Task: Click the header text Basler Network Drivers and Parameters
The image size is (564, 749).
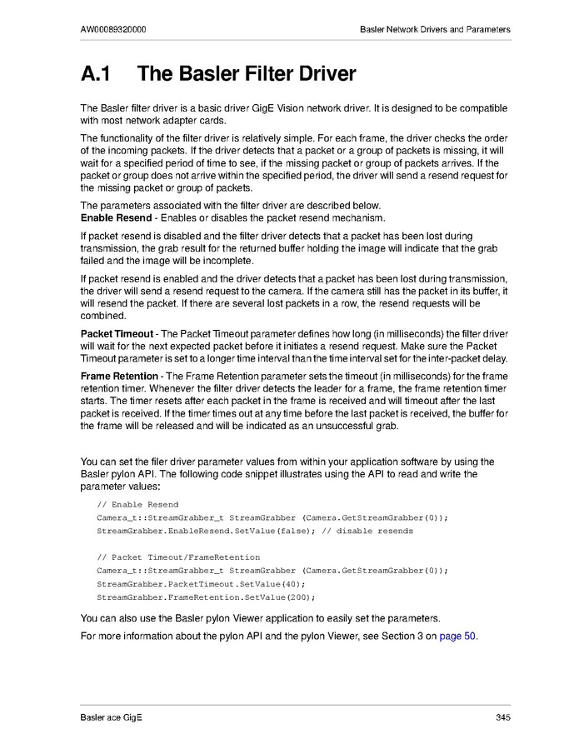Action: (x=435, y=29)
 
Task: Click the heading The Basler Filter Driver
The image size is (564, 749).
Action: (x=246, y=74)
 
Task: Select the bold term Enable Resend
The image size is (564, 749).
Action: (x=116, y=217)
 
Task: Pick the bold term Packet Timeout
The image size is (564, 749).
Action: (x=117, y=334)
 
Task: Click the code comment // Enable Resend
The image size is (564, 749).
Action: (x=137, y=505)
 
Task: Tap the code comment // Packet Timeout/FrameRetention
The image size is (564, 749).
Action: (x=178, y=557)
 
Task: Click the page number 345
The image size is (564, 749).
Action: (x=502, y=718)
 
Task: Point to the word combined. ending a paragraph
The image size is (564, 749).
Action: (x=102, y=317)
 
